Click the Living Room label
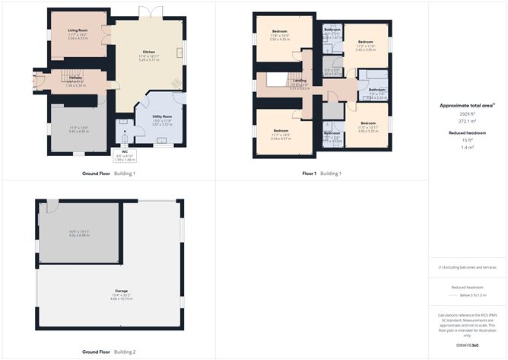[x=78, y=30]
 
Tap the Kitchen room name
[x=149, y=53]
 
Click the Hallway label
[x=76, y=77]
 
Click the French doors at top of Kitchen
[x=150, y=12]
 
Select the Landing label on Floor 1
[x=300, y=80]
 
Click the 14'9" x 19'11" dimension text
[x=79, y=231]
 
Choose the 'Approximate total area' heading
[x=466, y=106]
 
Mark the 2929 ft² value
[x=467, y=115]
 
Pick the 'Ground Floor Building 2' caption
[x=109, y=353]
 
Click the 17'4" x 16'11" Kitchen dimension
[x=149, y=58]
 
